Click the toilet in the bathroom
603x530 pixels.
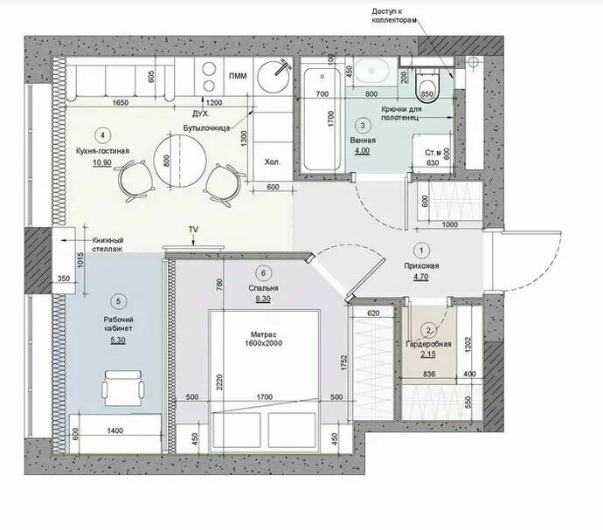pyautogui.click(x=426, y=86)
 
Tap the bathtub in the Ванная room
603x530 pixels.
pyautogui.click(x=322, y=119)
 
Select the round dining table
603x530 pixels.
pyautogui.click(x=180, y=161)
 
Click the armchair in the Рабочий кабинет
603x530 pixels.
pyautogui.click(x=123, y=388)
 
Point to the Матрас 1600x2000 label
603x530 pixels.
pyautogui.click(x=263, y=339)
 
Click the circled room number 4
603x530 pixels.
pyautogui.click(x=102, y=135)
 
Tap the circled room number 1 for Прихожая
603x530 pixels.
pyautogui.click(x=421, y=251)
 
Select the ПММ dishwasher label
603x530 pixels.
pyautogui.click(x=238, y=76)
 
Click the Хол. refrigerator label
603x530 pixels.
pyautogui.click(x=273, y=162)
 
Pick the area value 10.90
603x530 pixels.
pyautogui.click(x=102, y=162)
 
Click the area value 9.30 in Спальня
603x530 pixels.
pyautogui.click(x=263, y=299)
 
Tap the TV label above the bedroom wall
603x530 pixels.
pyautogui.click(x=193, y=230)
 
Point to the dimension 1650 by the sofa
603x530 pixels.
pyautogui.click(x=121, y=103)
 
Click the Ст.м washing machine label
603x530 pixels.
pyautogui.click(x=433, y=153)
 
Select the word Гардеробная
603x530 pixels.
pyautogui.click(x=428, y=344)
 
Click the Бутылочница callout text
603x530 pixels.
pyautogui.click(x=206, y=128)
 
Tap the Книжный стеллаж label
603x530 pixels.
pyautogui.click(x=107, y=244)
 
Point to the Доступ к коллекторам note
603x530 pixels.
pyautogui.click(x=394, y=16)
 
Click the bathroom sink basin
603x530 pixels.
pyautogui.click(x=371, y=71)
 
